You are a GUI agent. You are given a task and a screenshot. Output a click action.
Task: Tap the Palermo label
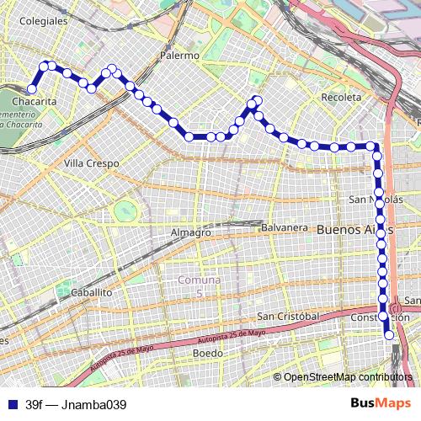pos(179,56)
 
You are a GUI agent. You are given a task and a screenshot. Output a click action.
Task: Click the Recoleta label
pos(341,98)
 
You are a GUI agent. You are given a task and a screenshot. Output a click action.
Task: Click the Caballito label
pos(92,291)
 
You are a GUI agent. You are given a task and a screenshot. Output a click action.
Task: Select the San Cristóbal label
pos(288,316)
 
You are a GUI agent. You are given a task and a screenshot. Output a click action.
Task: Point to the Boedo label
pos(208,354)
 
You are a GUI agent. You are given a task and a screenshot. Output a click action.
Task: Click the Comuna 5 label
pos(200,285)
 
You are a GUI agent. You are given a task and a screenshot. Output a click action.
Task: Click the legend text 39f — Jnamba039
pos(76,404)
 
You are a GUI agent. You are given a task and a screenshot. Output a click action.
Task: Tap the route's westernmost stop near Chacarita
pos(32,88)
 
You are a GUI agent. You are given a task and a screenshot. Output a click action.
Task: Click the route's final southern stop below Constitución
pos(389,335)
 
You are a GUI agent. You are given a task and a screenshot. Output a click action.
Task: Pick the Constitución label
pos(379,317)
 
